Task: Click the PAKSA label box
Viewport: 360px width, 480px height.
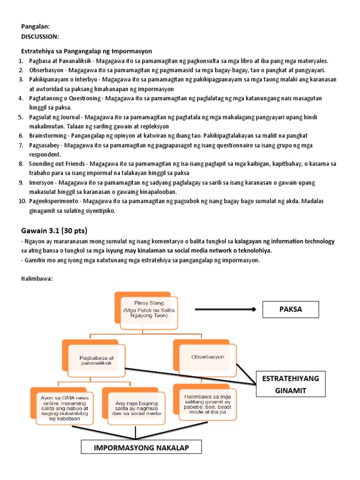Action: (x=291, y=309)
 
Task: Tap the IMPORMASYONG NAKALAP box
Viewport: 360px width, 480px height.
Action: (x=141, y=448)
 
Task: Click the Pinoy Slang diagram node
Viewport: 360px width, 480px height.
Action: (x=145, y=310)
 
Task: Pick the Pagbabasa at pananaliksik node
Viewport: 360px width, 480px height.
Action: (x=97, y=360)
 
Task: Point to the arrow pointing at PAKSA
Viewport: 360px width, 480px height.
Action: (x=225, y=309)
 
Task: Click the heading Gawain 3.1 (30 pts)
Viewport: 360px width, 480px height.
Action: (x=54, y=231)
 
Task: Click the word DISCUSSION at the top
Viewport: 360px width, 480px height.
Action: (x=40, y=36)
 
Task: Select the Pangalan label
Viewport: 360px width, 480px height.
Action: (x=35, y=27)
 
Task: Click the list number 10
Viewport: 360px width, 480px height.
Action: (x=22, y=201)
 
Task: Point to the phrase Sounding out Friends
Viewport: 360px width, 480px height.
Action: (x=57, y=164)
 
